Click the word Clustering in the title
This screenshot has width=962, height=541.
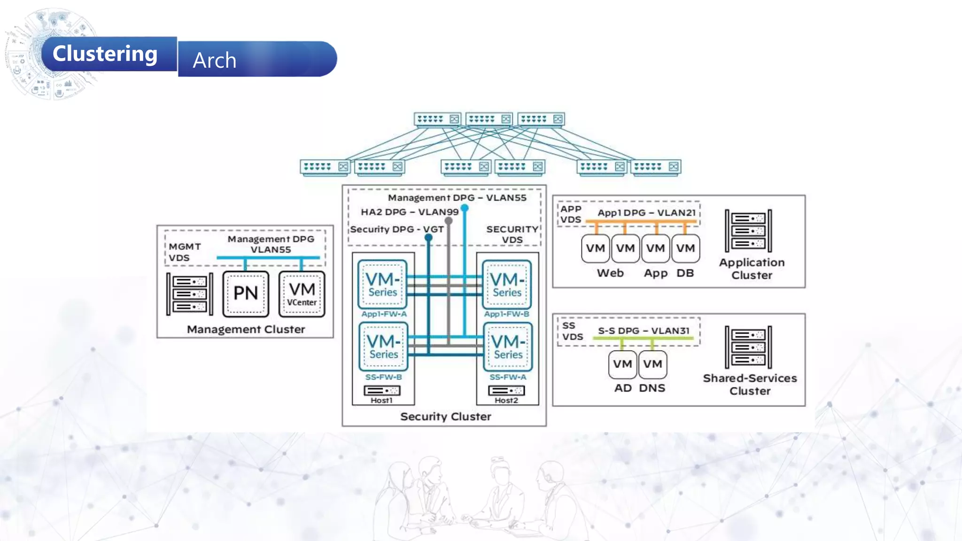click(x=105, y=54)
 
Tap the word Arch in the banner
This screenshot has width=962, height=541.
click(x=214, y=60)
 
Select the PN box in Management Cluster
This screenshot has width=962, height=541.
click(x=246, y=294)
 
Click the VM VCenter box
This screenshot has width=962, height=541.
click(x=302, y=294)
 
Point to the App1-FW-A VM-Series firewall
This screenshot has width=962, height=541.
click(x=382, y=284)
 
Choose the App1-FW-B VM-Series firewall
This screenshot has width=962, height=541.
click(x=507, y=284)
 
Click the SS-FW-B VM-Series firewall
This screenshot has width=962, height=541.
click(x=383, y=347)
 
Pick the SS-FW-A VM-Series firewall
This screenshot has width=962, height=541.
click(x=508, y=347)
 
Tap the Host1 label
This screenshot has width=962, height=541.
click(x=381, y=401)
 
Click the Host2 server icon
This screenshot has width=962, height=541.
click(x=506, y=391)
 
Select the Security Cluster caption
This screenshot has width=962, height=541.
click(x=445, y=417)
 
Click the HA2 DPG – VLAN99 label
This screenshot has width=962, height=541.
click(x=409, y=212)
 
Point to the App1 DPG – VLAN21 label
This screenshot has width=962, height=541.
click(x=646, y=213)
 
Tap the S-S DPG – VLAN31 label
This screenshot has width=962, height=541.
click(x=644, y=331)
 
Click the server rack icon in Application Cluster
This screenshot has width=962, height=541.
click(x=748, y=231)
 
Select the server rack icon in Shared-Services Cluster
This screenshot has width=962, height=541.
click(x=748, y=348)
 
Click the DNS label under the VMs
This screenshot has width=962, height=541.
click(x=652, y=388)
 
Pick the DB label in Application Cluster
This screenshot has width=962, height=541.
click(x=685, y=273)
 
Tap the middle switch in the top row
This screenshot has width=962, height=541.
click(x=489, y=119)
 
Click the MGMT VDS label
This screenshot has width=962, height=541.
click(x=185, y=252)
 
